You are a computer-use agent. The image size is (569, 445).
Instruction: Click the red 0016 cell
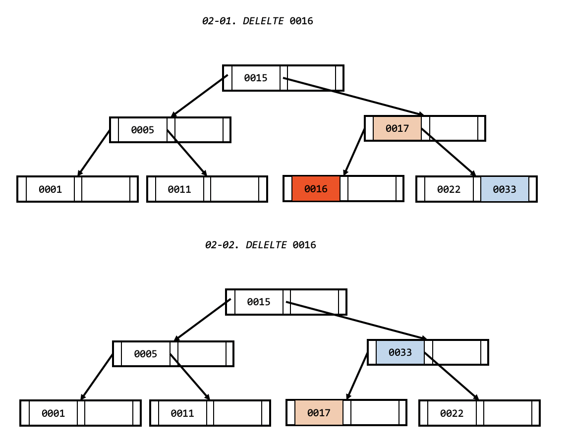coord(316,189)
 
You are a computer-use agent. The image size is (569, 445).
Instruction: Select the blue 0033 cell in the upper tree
coord(504,189)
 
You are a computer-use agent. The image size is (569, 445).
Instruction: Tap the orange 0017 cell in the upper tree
coord(397,129)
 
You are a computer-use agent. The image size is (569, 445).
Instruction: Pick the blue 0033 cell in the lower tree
coord(400,352)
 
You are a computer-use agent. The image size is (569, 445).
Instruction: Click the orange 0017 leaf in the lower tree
coord(319,413)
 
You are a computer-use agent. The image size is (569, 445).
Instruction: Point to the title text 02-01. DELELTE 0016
coord(258,21)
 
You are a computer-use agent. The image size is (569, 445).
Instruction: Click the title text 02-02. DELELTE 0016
coord(260,245)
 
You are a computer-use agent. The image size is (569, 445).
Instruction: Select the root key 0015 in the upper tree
coord(256,78)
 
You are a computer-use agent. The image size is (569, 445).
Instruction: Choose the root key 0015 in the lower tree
coord(259,302)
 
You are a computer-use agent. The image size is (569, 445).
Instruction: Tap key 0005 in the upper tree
coord(143,130)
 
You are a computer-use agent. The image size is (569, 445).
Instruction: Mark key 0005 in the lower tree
coord(146,354)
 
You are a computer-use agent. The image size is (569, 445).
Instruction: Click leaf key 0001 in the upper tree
coord(50,189)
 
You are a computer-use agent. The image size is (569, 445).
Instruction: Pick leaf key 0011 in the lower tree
coord(182,413)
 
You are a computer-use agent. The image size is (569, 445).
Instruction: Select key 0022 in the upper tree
coord(449,189)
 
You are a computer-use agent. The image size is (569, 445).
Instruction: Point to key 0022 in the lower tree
coord(452,413)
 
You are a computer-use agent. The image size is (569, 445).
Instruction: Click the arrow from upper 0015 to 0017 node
coord(352,96)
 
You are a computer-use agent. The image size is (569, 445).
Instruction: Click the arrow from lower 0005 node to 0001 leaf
coord(97,377)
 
